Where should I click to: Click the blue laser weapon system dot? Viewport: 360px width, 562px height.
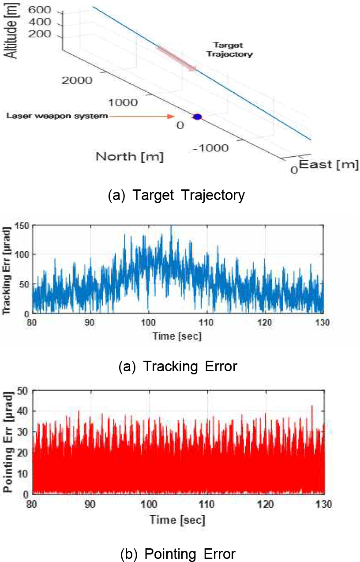point(197,117)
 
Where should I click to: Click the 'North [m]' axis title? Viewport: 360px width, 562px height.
point(129,156)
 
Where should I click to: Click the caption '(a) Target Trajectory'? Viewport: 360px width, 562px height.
point(176,195)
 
